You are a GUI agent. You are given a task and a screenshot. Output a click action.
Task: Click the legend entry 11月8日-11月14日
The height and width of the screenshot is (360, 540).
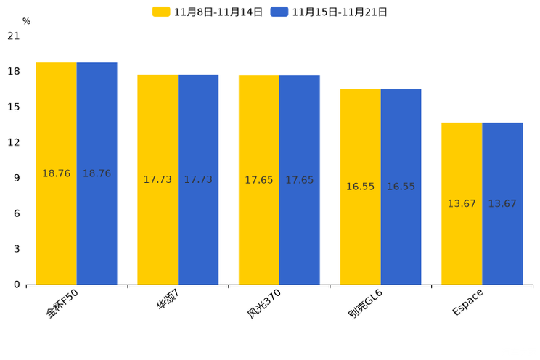[x=208, y=12]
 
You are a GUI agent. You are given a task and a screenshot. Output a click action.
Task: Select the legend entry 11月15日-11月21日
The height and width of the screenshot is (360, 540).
[x=329, y=12]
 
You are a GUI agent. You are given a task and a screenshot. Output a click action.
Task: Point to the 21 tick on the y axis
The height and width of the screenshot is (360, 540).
[x=14, y=36]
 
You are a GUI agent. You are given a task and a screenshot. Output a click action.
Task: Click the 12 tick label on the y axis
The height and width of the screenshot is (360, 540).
[x=14, y=142]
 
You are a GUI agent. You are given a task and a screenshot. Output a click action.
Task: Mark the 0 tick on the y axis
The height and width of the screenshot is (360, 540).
[x=17, y=285]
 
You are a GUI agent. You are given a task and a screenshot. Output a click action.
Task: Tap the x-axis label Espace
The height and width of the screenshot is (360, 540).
[x=467, y=302]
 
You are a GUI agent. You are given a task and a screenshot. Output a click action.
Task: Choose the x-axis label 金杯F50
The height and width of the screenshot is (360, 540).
[x=62, y=304]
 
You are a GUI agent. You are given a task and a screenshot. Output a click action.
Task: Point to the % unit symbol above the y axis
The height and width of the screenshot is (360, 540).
[x=26, y=21]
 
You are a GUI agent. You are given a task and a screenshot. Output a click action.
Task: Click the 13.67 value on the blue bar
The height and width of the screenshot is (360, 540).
[x=502, y=204]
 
